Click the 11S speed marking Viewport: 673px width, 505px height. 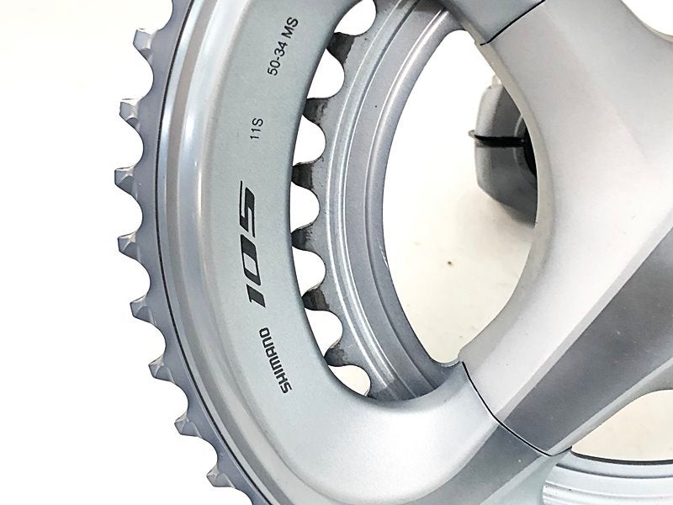click(x=257, y=129)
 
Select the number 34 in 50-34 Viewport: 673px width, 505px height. click(x=280, y=50)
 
